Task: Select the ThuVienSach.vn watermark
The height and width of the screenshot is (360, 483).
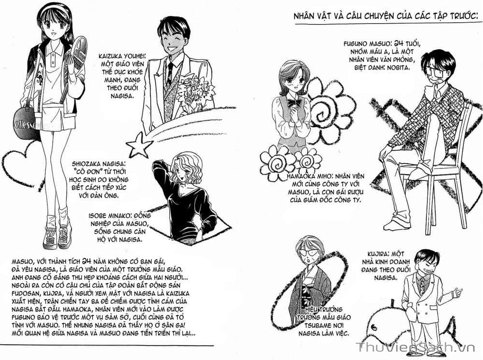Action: click(415, 347)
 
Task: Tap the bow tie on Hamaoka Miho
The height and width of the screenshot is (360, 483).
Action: click(293, 103)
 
